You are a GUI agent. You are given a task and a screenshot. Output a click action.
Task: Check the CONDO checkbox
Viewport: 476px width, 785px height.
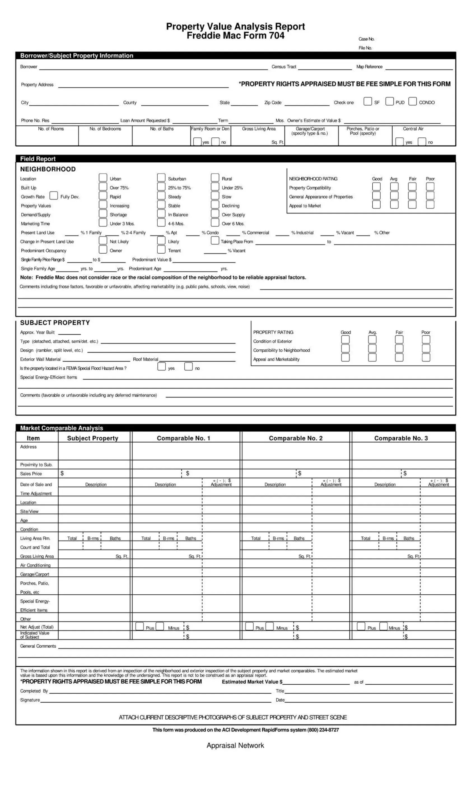pyautogui.click(x=412, y=101)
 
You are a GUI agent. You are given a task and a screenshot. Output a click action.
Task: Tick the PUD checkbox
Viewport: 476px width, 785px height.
pyautogui.click(x=389, y=101)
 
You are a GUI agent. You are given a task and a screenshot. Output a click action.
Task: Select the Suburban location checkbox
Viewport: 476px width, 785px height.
pyautogui.click(x=161, y=177)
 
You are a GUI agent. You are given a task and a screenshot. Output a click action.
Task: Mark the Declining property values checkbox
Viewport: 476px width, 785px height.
pyautogui.click(x=215, y=205)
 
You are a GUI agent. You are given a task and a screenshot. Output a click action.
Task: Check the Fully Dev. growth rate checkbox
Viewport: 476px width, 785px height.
pyautogui.click(x=53, y=196)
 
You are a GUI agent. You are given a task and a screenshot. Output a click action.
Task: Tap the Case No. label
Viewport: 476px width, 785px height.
pyautogui.click(x=366, y=39)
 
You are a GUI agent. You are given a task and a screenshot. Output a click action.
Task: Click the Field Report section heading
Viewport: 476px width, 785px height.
pyautogui.click(x=38, y=159)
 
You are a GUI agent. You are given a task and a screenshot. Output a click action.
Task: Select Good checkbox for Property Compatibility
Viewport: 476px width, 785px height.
pyautogui.click(x=376, y=187)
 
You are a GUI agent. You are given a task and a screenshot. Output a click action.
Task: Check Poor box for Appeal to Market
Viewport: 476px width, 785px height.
pyautogui.click(x=430, y=205)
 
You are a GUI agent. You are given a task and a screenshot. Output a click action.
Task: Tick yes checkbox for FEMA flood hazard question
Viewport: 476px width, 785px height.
pyautogui.click(x=161, y=367)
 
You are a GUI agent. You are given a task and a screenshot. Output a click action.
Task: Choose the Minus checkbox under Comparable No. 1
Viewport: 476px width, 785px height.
pyautogui.click(x=160, y=626)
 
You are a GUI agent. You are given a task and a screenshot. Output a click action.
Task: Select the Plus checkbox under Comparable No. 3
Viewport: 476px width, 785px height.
pyautogui.click(x=361, y=626)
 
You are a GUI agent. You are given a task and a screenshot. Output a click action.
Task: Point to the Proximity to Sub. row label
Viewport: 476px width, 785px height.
pyautogui.click(x=36, y=465)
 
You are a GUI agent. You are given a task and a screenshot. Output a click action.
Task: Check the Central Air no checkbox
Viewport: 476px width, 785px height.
pyautogui.click(x=422, y=142)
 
